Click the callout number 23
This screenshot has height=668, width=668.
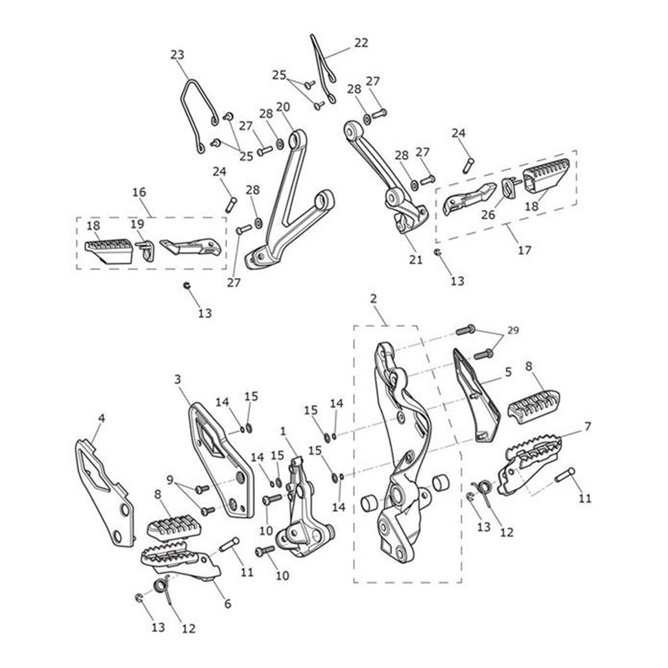click(177, 55)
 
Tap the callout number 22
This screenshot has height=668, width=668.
click(361, 43)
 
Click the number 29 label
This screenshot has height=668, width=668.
click(513, 330)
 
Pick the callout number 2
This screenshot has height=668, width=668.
click(373, 299)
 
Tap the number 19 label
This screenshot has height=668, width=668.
click(137, 224)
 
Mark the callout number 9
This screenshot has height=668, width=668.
click(170, 479)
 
